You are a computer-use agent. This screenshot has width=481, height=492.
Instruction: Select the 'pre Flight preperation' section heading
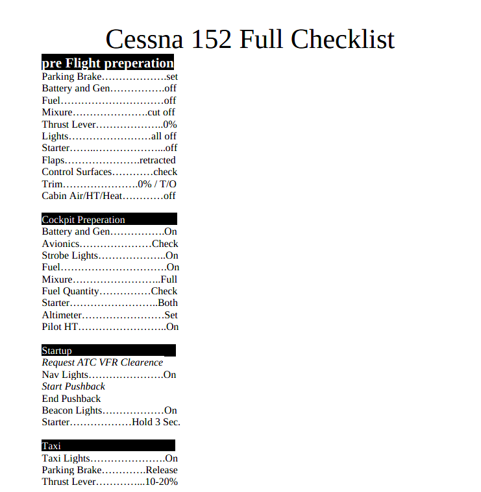(108, 64)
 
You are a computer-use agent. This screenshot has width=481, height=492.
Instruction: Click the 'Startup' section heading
(57, 351)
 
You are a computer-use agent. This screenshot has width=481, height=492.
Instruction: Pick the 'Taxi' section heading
(51, 446)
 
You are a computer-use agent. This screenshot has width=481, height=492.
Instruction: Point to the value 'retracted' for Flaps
(157, 160)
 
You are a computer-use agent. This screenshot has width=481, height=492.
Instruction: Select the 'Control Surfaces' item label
(77, 172)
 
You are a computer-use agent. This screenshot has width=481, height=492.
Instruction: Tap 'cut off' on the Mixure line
(162, 112)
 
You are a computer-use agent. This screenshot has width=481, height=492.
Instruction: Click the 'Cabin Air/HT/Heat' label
(82, 196)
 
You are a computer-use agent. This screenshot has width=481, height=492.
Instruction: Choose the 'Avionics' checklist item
(60, 244)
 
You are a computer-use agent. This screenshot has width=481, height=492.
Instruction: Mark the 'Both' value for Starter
(168, 303)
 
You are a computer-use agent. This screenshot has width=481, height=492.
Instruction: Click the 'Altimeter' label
(62, 315)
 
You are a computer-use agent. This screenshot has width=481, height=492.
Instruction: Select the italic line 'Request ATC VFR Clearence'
(103, 362)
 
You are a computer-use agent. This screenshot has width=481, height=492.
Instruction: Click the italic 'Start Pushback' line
(73, 386)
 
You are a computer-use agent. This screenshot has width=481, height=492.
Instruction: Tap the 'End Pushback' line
(71, 399)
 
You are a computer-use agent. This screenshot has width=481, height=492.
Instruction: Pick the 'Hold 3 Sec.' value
(156, 422)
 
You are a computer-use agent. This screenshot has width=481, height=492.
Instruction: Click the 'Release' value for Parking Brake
(162, 470)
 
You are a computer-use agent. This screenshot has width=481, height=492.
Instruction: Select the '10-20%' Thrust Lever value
(162, 482)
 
